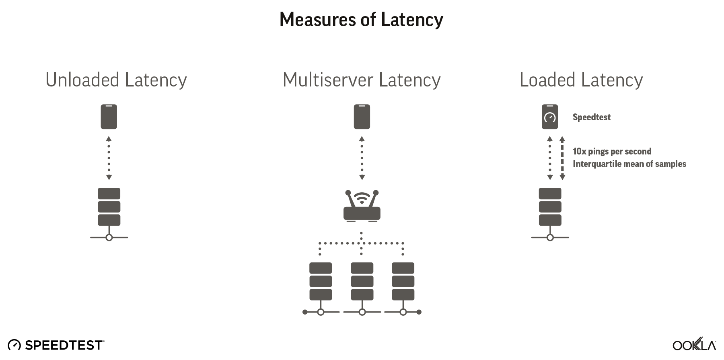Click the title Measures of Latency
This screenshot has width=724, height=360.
(x=361, y=19)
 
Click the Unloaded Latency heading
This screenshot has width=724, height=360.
(x=116, y=80)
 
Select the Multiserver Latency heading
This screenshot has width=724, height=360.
(x=362, y=80)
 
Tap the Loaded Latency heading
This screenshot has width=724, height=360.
(x=581, y=80)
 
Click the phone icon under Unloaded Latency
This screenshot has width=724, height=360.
(x=109, y=117)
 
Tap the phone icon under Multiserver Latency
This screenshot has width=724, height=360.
(x=362, y=117)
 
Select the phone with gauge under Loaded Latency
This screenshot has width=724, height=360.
(x=549, y=117)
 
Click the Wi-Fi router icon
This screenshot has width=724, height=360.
(x=362, y=206)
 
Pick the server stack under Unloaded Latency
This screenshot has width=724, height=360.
(x=109, y=207)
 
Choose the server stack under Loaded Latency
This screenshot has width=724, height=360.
(x=550, y=207)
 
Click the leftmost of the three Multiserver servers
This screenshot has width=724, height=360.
(x=321, y=282)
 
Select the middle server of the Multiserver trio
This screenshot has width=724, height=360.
(x=362, y=282)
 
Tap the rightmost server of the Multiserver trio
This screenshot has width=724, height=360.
(x=403, y=282)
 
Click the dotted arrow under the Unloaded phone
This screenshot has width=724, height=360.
(x=109, y=158)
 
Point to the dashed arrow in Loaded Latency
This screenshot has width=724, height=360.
(x=562, y=158)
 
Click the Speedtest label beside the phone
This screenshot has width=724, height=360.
(x=591, y=117)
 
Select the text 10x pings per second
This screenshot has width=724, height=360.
(x=612, y=151)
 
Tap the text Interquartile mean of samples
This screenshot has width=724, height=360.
(x=629, y=164)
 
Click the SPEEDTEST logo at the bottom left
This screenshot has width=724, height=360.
(x=56, y=345)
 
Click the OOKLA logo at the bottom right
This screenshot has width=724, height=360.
(x=694, y=345)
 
